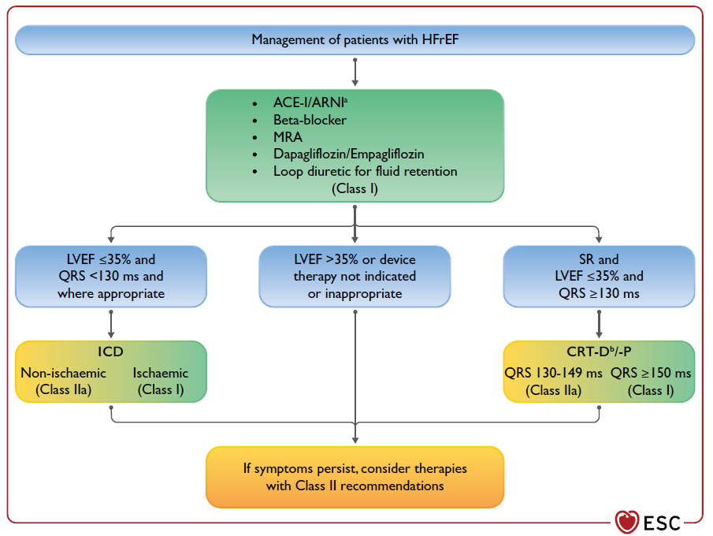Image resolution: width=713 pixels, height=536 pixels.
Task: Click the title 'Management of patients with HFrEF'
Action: pos(355,39)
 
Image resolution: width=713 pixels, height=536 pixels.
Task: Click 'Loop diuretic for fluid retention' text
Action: pos(365,172)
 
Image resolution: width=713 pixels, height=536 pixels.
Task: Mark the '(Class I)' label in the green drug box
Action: pos(355,188)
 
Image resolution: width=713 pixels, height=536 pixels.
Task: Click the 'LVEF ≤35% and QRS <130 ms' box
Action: pos(111,276)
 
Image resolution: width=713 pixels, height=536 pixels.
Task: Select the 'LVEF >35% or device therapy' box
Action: pos(355,276)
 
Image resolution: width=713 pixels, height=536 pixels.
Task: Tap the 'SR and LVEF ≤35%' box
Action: pos(599,276)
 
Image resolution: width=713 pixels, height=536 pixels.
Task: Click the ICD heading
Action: pos(110,352)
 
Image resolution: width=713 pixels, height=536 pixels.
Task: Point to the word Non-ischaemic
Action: pos(63,373)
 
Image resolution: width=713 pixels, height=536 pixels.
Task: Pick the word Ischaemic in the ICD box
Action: pos(161,373)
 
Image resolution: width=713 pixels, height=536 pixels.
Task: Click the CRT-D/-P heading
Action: pos(599,352)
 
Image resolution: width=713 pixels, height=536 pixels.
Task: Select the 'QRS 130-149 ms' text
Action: pos(553,373)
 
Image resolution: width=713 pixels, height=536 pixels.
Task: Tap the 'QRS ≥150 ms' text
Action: pos(651,373)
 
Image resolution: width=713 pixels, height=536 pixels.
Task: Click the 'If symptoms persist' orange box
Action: pos(355,477)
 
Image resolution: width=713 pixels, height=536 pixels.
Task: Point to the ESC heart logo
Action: pos(626,522)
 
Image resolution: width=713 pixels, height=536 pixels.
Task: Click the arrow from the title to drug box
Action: pos(355,72)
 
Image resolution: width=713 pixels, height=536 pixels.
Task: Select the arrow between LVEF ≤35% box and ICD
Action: pos(111,325)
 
